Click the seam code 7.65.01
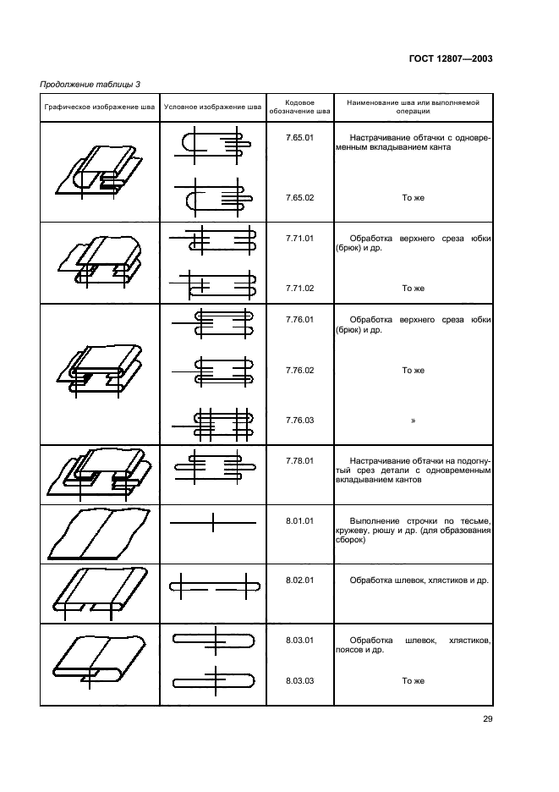pos(299,137)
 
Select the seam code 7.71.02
pos(299,288)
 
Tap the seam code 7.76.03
pos(299,420)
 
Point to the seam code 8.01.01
pos(299,520)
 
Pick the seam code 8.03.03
pos(299,680)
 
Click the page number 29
pos(487,718)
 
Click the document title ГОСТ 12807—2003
pos(451,58)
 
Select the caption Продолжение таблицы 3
pos(90,85)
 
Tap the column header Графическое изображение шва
pos(100,107)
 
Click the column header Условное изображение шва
pos(212,107)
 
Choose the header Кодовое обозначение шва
pos(299,107)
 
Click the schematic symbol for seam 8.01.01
pos(212,522)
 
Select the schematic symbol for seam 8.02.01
pos(215,586)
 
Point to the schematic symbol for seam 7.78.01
pos(215,466)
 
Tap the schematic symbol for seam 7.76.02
pos(212,371)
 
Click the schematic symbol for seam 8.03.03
pos(214,682)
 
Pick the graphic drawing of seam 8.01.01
pos(100,534)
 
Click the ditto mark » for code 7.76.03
pos(413,421)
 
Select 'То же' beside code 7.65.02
pos(413,197)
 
